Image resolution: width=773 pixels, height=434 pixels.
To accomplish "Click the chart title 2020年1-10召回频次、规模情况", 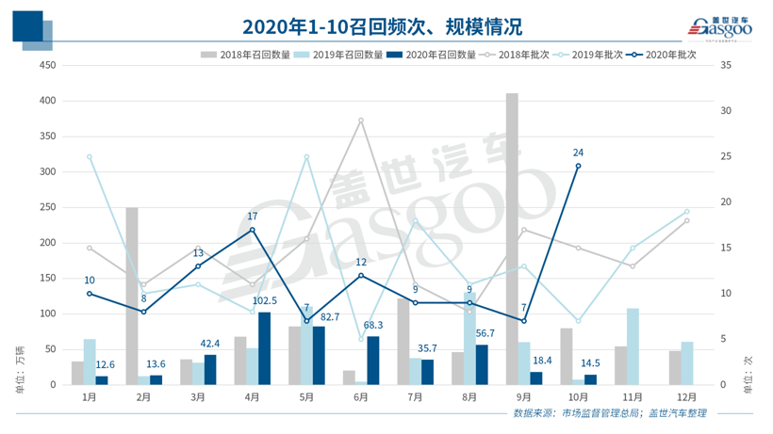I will (382, 24).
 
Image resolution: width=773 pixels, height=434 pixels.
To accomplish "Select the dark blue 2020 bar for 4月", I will (264, 348).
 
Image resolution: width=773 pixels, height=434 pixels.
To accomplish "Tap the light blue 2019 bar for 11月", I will (633, 346).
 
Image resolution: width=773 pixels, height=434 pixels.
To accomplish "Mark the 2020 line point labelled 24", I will (578, 166).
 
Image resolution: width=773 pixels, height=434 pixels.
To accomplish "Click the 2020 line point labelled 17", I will (252, 230).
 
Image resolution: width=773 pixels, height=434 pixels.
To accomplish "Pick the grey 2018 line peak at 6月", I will (360, 121).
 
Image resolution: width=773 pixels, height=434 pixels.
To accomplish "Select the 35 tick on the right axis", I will (724, 65).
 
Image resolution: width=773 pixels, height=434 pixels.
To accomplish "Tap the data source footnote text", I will (610, 413).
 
